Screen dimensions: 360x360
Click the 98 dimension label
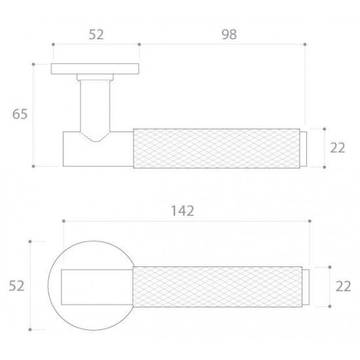229,35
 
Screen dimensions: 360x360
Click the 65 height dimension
20,114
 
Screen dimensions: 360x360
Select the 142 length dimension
183,211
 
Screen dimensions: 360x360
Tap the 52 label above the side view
96,35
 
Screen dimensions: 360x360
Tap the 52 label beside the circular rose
16,286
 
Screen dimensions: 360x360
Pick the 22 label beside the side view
338,148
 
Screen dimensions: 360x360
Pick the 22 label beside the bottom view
343,286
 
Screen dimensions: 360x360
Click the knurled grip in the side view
217,149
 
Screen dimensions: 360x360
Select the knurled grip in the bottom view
217,287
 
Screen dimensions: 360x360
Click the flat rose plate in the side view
95,69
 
